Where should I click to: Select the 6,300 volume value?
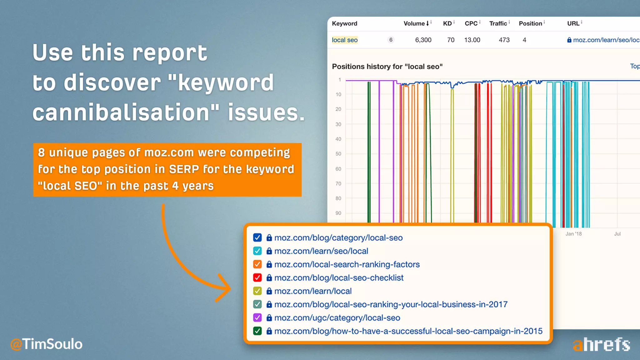[x=423, y=40]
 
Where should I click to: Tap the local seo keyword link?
[x=345, y=40]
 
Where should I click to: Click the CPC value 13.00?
[x=472, y=40]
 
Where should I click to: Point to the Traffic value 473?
[x=504, y=40]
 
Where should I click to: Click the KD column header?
[x=447, y=23]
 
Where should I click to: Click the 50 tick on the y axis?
[x=338, y=154]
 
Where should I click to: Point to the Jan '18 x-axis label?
[x=573, y=234]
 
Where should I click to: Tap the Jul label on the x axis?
[x=617, y=234]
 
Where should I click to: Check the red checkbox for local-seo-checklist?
[x=257, y=277]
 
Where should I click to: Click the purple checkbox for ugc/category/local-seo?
[x=257, y=317]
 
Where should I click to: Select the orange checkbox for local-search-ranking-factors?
[x=257, y=264]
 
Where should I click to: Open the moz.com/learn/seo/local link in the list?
[x=321, y=251]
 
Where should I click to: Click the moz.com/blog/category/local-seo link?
[x=338, y=238]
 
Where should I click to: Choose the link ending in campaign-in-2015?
[x=408, y=331]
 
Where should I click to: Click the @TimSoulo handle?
[x=47, y=344]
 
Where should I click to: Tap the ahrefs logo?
[x=601, y=345]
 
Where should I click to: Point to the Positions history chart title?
[x=387, y=67]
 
